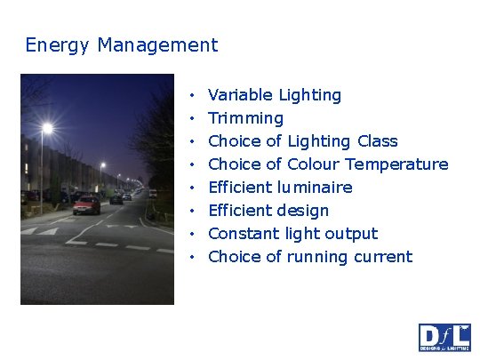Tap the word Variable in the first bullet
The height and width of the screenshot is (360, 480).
239,95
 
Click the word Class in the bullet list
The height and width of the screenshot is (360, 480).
377,141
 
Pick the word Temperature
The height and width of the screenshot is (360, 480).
396,164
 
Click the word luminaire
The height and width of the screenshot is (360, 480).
314,188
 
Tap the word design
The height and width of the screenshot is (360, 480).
304,211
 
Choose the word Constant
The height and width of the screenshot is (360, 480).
244,234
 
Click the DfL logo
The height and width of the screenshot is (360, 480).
444,337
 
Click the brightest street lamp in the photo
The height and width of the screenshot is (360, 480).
47,129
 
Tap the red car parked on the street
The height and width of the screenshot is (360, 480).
86,205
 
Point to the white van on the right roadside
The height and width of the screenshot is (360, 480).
152,193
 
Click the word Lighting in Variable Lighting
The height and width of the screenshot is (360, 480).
309,95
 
